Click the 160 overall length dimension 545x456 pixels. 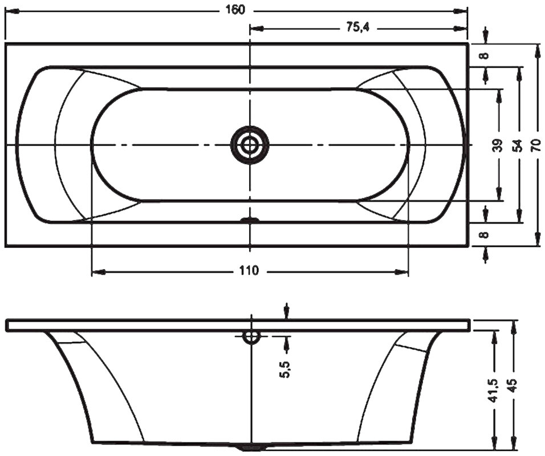click(x=235, y=10)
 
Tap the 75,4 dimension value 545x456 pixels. click(x=357, y=28)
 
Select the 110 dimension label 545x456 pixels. click(x=249, y=270)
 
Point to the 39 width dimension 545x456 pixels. click(x=498, y=145)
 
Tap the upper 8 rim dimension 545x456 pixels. click(x=485, y=55)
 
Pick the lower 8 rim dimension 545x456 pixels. click(x=485, y=235)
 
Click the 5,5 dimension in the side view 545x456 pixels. click(x=286, y=369)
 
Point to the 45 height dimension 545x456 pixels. click(x=514, y=385)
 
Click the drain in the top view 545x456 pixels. click(x=250, y=145)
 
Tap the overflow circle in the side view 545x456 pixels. click(x=251, y=336)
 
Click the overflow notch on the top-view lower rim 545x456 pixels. click(x=250, y=219)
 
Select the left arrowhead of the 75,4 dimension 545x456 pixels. click(x=257, y=28)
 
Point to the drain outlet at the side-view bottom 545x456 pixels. click(x=251, y=448)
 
